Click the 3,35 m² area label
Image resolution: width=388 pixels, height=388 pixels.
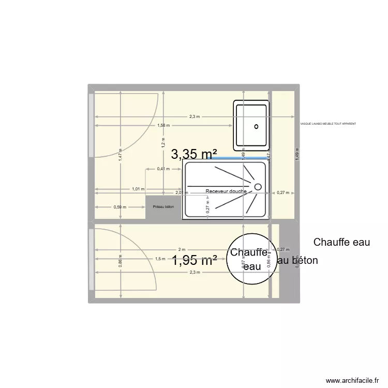(194, 154)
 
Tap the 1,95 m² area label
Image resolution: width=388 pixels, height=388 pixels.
(194, 261)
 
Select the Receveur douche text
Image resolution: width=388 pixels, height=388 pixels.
(226, 191)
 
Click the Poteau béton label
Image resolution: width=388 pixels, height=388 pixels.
(163, 207)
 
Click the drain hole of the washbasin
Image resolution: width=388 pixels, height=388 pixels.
(256, 126)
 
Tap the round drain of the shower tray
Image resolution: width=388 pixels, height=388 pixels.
(258, 186)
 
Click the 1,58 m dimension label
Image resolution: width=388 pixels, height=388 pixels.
(163, 125)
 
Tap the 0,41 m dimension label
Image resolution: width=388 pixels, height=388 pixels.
(163, 169)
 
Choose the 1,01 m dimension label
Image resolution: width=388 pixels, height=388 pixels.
(138, 189)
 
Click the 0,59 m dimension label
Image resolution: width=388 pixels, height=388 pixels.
(120, 207)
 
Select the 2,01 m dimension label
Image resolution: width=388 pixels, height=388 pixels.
(182, 192)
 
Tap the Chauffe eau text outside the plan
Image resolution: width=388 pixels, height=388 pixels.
(341, 242)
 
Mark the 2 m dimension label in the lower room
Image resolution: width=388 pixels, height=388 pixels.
(181, 249)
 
